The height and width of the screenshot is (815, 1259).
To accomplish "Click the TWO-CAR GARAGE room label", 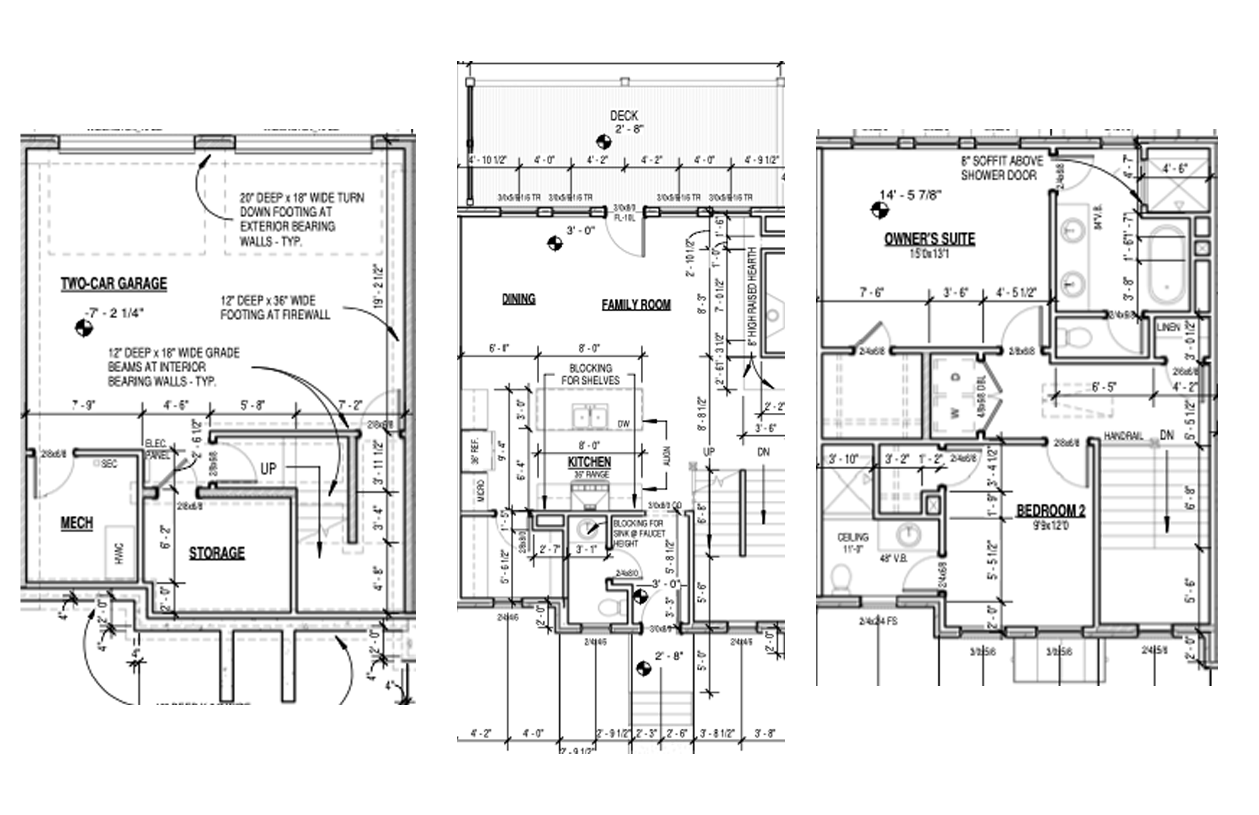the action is tap(114, 284).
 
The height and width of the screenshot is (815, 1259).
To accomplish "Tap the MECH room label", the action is tap(77, 523).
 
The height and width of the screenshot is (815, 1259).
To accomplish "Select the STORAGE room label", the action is tap(217, 553).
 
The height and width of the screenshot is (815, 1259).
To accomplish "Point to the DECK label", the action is tap(624, 115).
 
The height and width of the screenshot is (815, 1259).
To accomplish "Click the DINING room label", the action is tap(518, 299).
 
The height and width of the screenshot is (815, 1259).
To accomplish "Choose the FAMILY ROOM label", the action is tap(636, 305).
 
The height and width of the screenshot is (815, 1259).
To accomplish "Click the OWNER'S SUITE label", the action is tap(929, 239).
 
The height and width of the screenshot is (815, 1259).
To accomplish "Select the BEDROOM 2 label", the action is tap(1051, 511).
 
